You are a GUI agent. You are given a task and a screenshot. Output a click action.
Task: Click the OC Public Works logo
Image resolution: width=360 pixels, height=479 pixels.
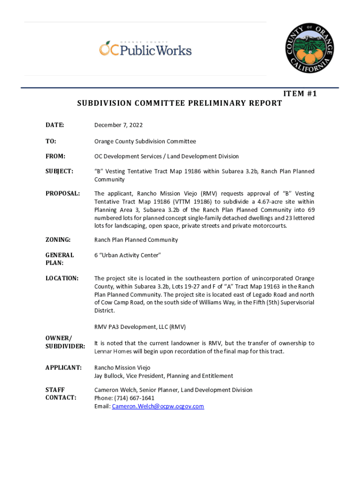145,49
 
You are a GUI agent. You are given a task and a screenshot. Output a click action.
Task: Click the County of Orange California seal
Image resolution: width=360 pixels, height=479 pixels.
310,49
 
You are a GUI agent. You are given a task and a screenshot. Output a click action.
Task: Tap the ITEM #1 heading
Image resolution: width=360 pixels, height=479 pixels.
300,94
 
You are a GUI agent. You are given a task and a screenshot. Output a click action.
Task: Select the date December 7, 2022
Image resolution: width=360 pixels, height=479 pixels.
118,125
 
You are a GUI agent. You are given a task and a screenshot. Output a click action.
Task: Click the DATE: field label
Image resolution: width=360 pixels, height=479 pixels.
55,125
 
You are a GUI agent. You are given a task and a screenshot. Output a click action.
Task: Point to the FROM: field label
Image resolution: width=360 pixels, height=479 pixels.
55,156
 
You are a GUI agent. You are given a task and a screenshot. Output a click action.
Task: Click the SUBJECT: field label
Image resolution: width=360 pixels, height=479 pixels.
59,172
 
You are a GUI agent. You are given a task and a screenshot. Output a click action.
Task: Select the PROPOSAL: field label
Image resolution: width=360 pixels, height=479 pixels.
63,194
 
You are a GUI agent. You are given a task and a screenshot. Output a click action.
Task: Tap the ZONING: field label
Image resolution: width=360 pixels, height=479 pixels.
58,240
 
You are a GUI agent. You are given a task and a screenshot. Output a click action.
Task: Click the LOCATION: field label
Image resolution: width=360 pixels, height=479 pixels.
62,278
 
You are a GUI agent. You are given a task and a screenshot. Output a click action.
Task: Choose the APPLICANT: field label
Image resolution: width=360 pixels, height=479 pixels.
64,368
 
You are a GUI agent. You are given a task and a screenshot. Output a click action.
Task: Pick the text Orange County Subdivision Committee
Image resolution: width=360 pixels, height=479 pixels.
145,141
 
